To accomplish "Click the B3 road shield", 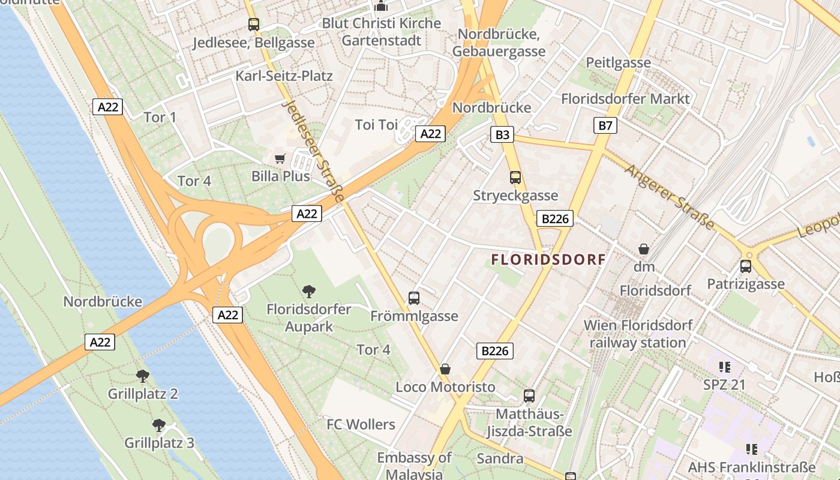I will click(x=502, y=134).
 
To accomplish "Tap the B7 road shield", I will click(x=605, y=125).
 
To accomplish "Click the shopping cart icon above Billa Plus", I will click(x=280, y=158).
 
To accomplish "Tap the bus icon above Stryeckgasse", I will click(x=515, y=178).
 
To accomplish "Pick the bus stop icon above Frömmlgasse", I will click(x=414, y=298).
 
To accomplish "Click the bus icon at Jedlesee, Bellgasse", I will click(x=254, y=25).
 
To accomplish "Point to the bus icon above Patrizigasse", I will click(x=746, y=266).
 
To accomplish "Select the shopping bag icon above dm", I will click(x=644, y=248).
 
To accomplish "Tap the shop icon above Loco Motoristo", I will click(x=445, y=368).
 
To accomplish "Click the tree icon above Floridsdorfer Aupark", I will click(x=309, y=292).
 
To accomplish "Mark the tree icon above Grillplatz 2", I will click(x=143, y=376).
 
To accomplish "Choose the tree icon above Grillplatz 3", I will click(x=159, y=425).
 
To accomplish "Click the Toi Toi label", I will click(x=377, y=125).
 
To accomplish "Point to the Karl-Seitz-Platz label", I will click(x=284, y=76).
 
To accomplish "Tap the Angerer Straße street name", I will click(x=670, y=197).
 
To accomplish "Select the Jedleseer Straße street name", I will click(x=313, y=151).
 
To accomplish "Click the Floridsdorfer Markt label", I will click(x=626, y=98).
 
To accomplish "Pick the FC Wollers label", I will click(x=361, y=425).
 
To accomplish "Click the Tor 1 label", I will click(x=160, y=117).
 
